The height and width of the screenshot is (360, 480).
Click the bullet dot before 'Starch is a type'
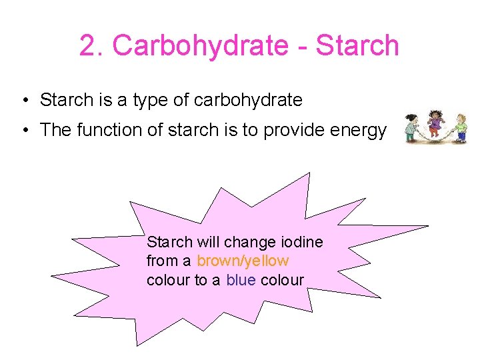(x=24, y=101)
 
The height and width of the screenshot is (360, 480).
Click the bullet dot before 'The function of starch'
(x=24, y=130)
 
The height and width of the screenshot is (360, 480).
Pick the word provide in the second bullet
(x=293, y=130)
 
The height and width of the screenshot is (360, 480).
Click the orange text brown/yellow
(x=243, y=261)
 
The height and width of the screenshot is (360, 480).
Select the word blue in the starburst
(x=241, y=280)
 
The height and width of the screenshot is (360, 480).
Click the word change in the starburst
(x=249, y=242)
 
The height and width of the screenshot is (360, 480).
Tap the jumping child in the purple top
(x=435, y=124)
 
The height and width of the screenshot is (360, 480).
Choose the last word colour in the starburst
(x=282, y=280)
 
